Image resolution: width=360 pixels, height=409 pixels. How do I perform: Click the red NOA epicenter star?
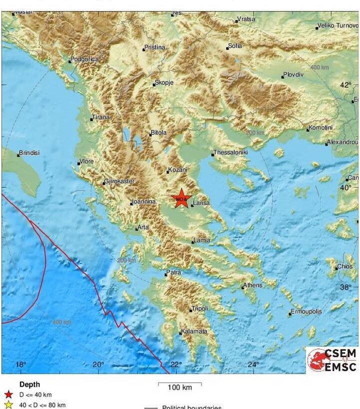181,199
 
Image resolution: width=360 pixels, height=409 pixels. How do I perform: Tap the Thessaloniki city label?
230,152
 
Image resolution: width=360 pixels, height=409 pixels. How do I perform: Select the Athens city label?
252,286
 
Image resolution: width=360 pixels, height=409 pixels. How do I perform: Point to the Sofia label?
235,46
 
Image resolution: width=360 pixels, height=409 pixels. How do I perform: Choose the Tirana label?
100,117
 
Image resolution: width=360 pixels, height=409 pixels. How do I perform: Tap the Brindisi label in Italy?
29,153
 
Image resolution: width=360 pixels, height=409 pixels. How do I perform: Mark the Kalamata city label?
194,331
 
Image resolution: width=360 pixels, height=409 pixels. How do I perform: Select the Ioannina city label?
143,202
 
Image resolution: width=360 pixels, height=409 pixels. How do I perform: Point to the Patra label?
173,273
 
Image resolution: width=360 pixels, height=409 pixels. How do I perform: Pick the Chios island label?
345,266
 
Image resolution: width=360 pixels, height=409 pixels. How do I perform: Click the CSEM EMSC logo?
332,360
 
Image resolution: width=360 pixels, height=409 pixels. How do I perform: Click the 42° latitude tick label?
346,85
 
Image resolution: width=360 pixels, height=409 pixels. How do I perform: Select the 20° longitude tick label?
98,365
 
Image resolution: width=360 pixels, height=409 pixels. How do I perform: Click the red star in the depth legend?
8,395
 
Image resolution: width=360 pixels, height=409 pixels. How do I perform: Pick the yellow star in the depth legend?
8,405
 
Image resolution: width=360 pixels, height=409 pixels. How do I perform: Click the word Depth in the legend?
29,385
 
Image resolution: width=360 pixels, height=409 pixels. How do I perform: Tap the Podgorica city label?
84,59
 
